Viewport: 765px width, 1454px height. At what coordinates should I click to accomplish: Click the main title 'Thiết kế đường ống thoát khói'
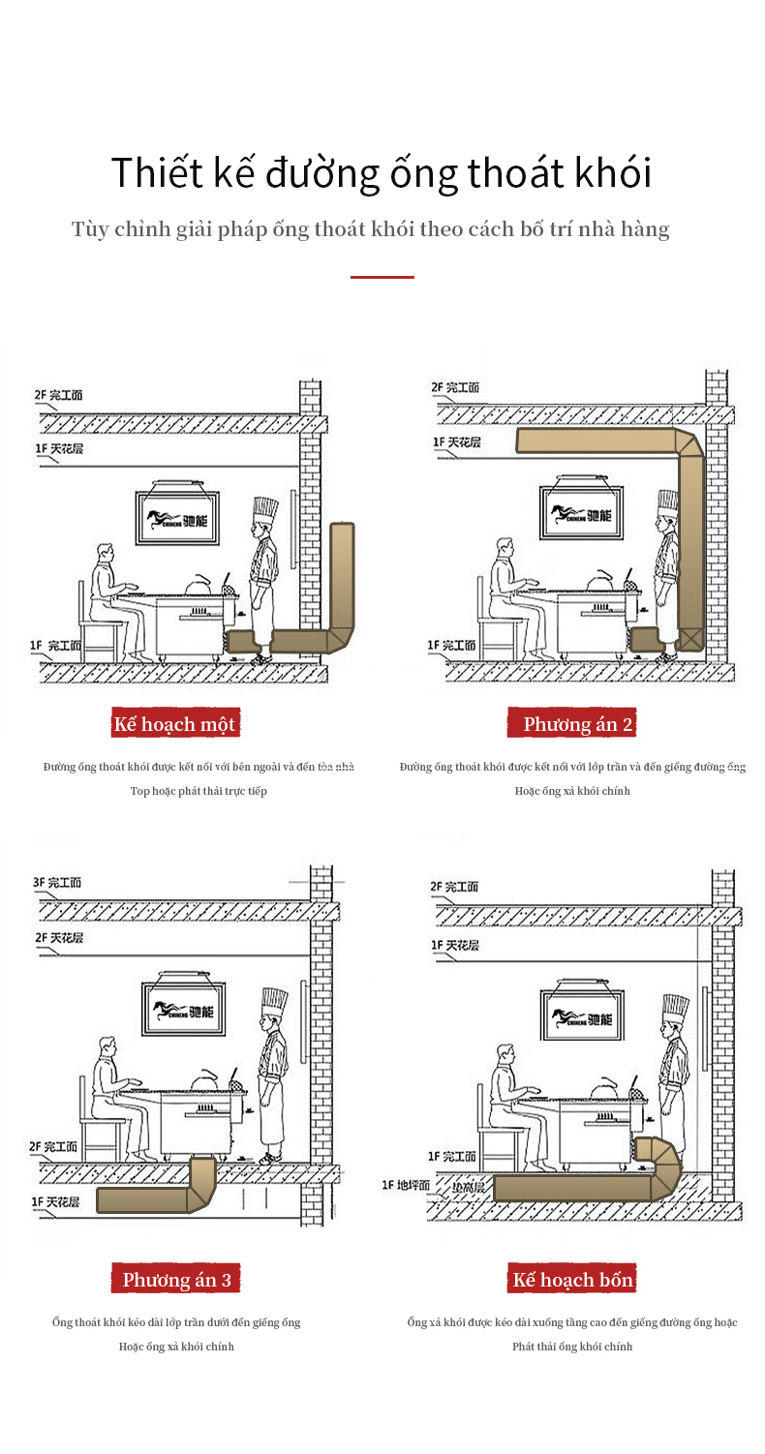pos(382,173)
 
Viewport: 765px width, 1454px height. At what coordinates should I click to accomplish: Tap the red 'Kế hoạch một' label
pos(174,724)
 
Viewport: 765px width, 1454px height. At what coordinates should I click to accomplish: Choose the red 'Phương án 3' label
pos(176,1280)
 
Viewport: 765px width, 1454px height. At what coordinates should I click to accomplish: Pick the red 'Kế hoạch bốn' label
pos(572,1280)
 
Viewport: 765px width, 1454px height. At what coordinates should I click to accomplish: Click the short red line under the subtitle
pos(382,278)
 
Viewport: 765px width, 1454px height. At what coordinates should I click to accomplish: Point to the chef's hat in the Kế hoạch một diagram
pos(264,510)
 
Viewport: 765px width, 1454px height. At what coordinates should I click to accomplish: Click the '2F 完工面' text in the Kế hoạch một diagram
pos(59,395)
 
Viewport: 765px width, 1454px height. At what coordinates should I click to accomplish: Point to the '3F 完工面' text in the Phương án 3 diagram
pos(58,883)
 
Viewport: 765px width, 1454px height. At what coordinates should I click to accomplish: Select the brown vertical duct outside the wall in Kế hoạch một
pos(342,576)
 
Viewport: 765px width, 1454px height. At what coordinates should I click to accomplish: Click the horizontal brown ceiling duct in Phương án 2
pos(596,441)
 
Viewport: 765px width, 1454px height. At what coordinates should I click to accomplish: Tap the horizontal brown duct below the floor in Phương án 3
pos(145,1201)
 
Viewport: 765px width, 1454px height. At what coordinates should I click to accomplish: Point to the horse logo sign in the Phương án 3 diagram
pos(184,1012)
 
